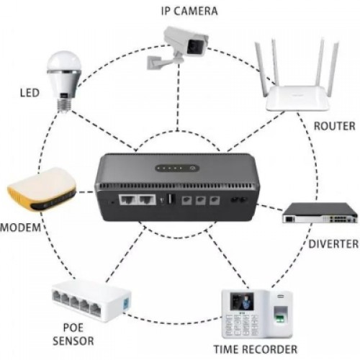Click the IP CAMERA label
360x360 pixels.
point(189,11)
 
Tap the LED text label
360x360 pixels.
point(30,93)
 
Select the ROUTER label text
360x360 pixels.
point(334,126)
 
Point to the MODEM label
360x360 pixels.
point(21,228)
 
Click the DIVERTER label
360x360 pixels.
point(333,244)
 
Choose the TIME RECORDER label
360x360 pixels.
point(256,349)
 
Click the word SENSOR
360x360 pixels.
point(73,341)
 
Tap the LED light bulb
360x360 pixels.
point(64,81)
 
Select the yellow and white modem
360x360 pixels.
point(42,189)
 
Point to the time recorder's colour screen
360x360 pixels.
point(242,301)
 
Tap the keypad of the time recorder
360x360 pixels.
point(242,325)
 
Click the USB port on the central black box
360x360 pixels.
point(171,199)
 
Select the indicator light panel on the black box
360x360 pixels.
point(177,168)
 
